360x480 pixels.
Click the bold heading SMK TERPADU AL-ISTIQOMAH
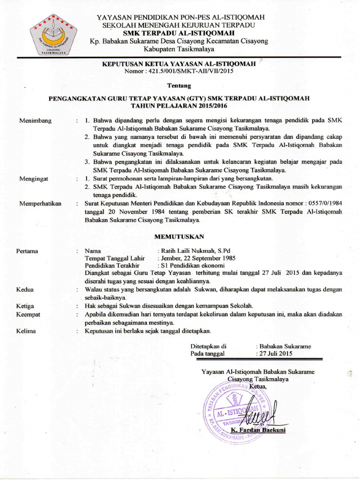click(x=179, y=33)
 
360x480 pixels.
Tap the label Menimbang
click(x=35, y=120)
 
